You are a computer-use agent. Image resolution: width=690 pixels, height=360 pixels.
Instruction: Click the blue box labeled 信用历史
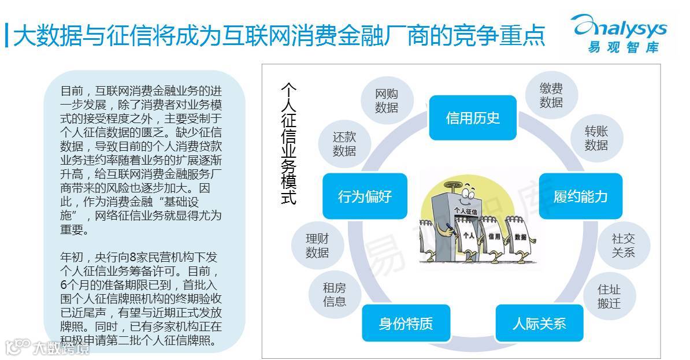[x=472, y=118]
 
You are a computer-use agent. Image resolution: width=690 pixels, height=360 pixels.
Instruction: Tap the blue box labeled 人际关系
[x=539, y=323]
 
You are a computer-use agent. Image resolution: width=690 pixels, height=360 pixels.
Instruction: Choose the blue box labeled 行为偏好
[x=365, y=196]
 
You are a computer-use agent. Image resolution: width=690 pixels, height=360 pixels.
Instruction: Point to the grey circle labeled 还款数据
[x=344, y=144]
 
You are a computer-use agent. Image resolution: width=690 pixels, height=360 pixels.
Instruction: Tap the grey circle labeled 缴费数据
[x=551, y=95]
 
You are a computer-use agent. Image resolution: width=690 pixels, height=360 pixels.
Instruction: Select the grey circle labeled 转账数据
[x=596, y=138]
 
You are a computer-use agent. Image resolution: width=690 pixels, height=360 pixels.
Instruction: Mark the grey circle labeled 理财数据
[x=317, y=246]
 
